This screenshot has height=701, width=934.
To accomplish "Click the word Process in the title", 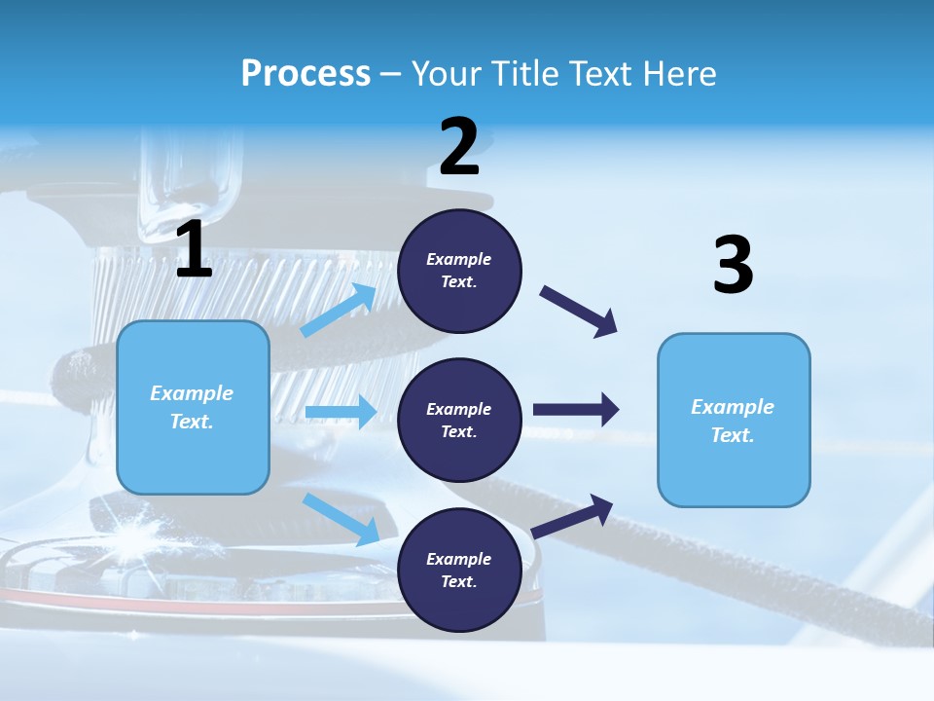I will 305,74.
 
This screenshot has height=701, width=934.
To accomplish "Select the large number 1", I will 194,250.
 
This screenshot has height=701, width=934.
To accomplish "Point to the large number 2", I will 459,148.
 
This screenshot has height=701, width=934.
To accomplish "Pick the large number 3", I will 733,266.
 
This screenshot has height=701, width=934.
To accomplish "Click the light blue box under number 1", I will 193,407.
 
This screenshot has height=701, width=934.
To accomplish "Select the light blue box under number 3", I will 734,421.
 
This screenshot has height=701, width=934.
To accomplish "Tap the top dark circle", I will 459,271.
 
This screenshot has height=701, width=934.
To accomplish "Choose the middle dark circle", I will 459,421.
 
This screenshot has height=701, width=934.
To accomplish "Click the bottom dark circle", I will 459,571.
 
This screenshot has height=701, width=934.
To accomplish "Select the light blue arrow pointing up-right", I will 339,311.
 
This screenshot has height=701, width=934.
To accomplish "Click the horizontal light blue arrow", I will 341,413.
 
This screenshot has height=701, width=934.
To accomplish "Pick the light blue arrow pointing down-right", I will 341,519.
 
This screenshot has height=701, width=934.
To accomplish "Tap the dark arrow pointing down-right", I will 580,312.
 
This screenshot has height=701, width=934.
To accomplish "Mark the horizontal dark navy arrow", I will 576,410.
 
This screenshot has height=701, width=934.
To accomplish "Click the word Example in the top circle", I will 459,259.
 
